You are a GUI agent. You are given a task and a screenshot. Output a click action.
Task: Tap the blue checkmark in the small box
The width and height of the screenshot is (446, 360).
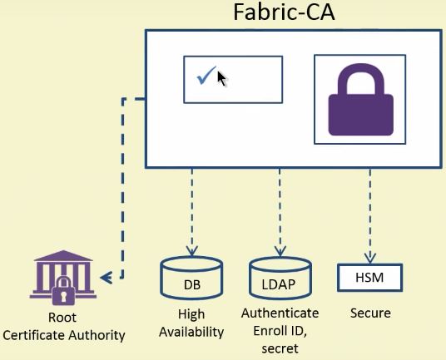pyautogui.click(x=206, y=76)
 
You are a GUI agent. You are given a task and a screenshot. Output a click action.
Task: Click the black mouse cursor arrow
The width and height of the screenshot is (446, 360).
pyautogui.click(x=221, y=79)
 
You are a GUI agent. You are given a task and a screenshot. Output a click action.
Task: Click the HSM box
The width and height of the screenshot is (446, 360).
pyautogui.click(x=369, y=277)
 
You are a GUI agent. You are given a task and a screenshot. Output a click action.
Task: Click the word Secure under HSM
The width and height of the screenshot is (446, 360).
pyautogui.click(x=369, y=314)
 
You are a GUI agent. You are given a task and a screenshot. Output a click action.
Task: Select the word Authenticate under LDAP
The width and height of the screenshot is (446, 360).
pyautogui.click(x=280, y=313)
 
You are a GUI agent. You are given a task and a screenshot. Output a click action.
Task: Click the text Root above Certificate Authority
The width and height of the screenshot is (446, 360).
pyautogui.click(x=63, y=318)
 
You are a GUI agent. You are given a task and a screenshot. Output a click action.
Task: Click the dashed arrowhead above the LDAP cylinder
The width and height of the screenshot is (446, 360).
pyautogui.click(x=280, y=249)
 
